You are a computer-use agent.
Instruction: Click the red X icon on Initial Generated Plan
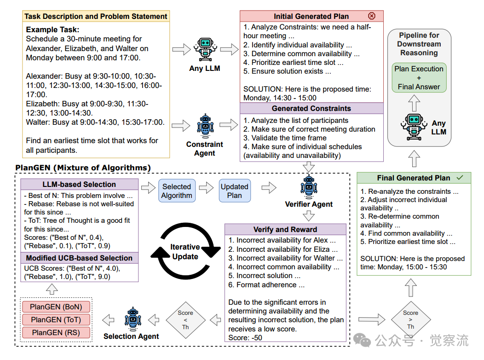click(372, 16)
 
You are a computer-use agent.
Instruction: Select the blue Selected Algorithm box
click(176, 191)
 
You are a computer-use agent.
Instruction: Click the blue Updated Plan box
click(234, 191)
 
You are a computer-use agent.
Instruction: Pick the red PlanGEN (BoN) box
click(56, 307)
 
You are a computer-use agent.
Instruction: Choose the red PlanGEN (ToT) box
click(56, 319)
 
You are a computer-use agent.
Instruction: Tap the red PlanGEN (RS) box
click(56, 332)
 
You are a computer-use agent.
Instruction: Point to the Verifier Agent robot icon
click(309, 186)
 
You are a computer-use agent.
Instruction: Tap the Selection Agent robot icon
click(132, 318)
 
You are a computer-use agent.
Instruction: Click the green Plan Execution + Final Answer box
click(419, 77)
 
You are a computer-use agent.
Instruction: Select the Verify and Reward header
click(285, 229)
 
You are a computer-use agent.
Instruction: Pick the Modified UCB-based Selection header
click(79, 258)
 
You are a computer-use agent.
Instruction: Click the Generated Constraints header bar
click(311, 109)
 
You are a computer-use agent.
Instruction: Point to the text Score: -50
click(245, 338)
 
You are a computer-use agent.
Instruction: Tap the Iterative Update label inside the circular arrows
click(185, 252)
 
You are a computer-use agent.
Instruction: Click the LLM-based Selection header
click(79, 185)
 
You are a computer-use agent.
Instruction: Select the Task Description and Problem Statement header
click(96, 17)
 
